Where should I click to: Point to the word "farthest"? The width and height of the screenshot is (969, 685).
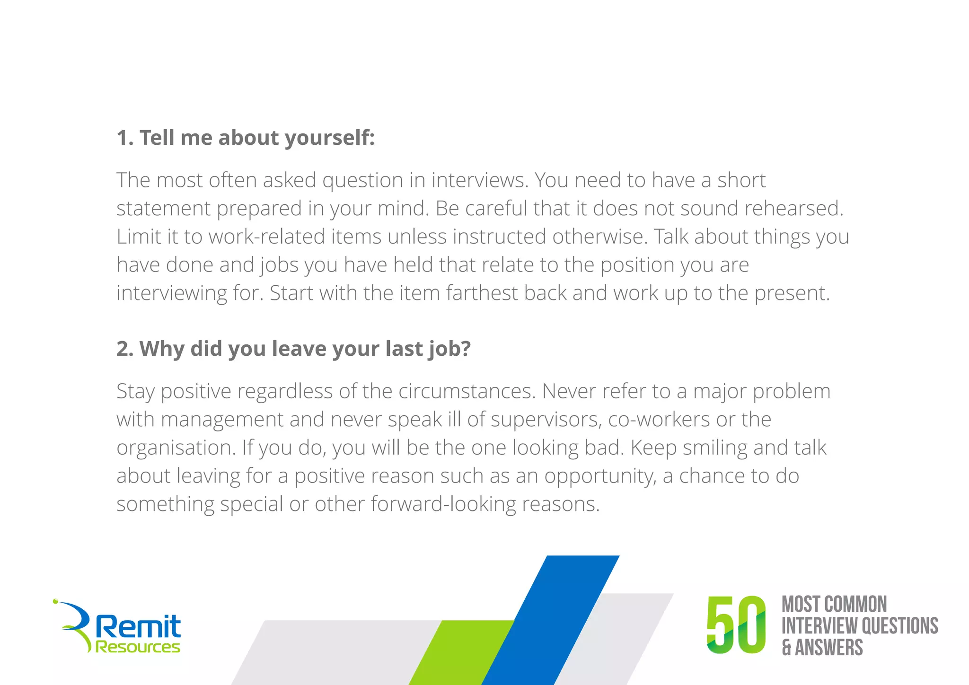(482, 293)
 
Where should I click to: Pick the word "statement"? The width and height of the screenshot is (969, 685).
(163, 209)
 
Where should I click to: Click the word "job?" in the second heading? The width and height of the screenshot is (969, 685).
(450, 349)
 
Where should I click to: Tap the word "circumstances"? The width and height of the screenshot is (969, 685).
(467, 391)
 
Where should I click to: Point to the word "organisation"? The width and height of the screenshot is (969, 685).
(176, 448)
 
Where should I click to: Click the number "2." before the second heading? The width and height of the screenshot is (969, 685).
(125, 349)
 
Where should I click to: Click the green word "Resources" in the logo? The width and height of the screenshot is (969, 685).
(138, 647)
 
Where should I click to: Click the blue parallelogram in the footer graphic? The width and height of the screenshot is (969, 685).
(551, 620)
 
